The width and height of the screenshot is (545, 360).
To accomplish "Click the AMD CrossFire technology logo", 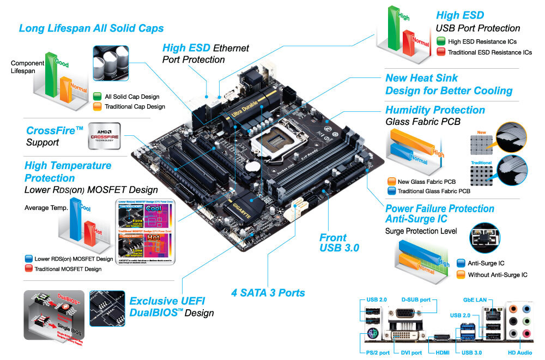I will (x=104, y=136).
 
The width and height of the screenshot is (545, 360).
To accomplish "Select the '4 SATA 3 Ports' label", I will (x=268, y=292).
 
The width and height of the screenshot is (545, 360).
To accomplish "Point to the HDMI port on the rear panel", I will (x=440, y=338).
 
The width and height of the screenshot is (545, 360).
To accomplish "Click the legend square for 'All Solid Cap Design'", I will (x=98, y=97).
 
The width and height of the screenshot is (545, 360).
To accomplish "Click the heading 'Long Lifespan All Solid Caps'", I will (x=91, y=28).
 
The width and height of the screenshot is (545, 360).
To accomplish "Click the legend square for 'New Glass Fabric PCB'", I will (x=391, y=181).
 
